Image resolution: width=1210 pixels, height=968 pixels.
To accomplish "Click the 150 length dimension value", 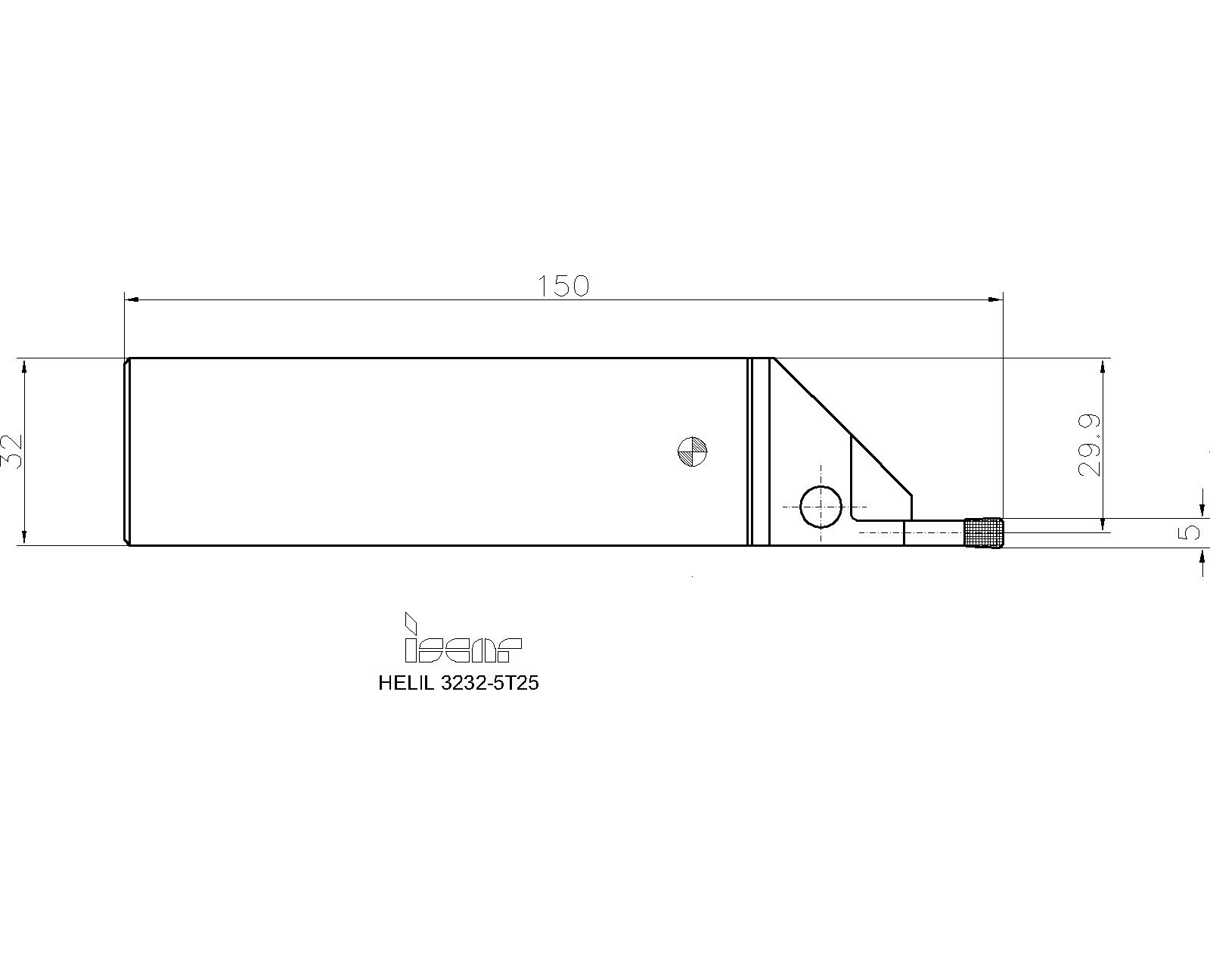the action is [563, 286].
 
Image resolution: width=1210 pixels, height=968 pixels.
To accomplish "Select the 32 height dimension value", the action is [12, 451].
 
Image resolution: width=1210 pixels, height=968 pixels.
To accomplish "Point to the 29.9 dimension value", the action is [1091, 445].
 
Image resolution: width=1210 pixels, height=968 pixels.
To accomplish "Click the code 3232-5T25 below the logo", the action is [490, 683].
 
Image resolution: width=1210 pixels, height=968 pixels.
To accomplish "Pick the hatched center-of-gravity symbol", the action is [692, 451].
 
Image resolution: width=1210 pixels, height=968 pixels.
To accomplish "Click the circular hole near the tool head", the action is [821, 506].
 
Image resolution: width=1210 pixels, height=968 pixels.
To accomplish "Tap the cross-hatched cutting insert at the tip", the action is [984, 532].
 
